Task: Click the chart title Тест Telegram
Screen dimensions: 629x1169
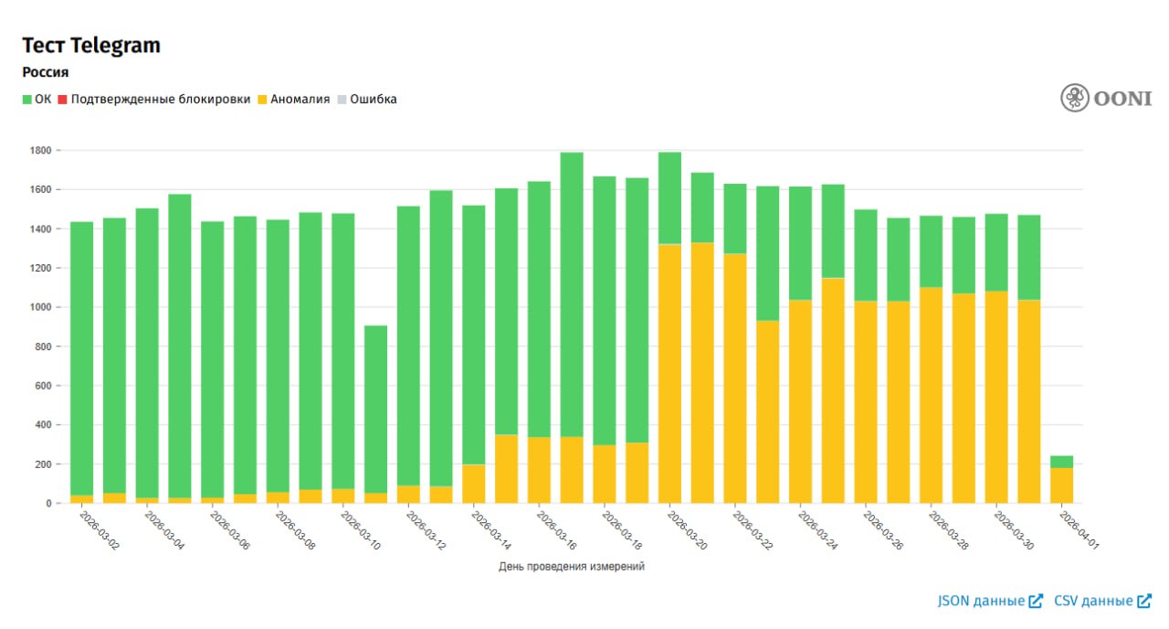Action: click(91, 46)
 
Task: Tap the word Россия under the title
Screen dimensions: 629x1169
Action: click(46, 72)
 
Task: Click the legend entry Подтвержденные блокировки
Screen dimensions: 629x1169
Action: click(153, 100)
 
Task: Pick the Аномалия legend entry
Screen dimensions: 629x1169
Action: click(293, 100)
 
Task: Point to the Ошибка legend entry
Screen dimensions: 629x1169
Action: click(367, 100)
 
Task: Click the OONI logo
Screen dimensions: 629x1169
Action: click(1106, 98)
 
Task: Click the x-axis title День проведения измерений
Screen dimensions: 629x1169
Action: click(572, 567)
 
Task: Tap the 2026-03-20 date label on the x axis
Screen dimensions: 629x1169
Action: click(686, 530)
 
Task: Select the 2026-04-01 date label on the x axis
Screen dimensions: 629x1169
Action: click(1078, 530)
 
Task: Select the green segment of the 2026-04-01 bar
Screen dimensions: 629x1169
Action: click(1061, 462)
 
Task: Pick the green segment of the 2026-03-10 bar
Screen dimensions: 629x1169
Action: click(376, 411)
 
